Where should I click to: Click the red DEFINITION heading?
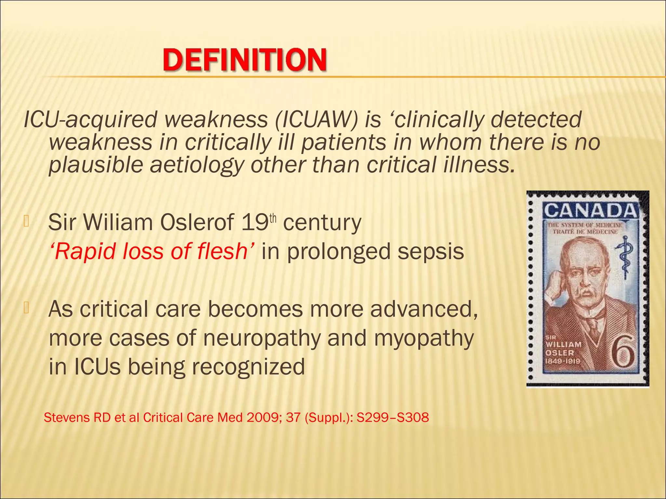click(x=245, y=60)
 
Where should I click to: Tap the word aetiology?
click(x=196, y=165)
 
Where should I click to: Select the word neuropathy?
click(x=262, y=338)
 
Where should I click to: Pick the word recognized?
click(x=248, y=367)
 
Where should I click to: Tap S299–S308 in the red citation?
click(x=393, y=417)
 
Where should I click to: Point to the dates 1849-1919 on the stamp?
click(x=563, y=361)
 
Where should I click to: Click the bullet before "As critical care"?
click(x=26, y=307)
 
